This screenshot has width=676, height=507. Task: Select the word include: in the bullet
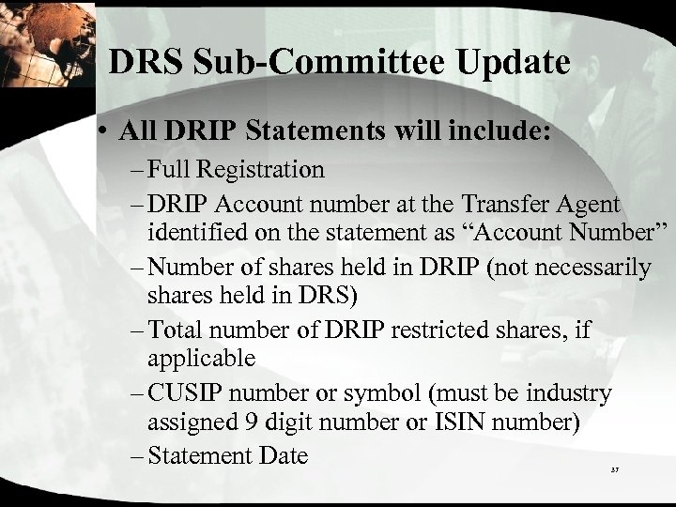[498, 131]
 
